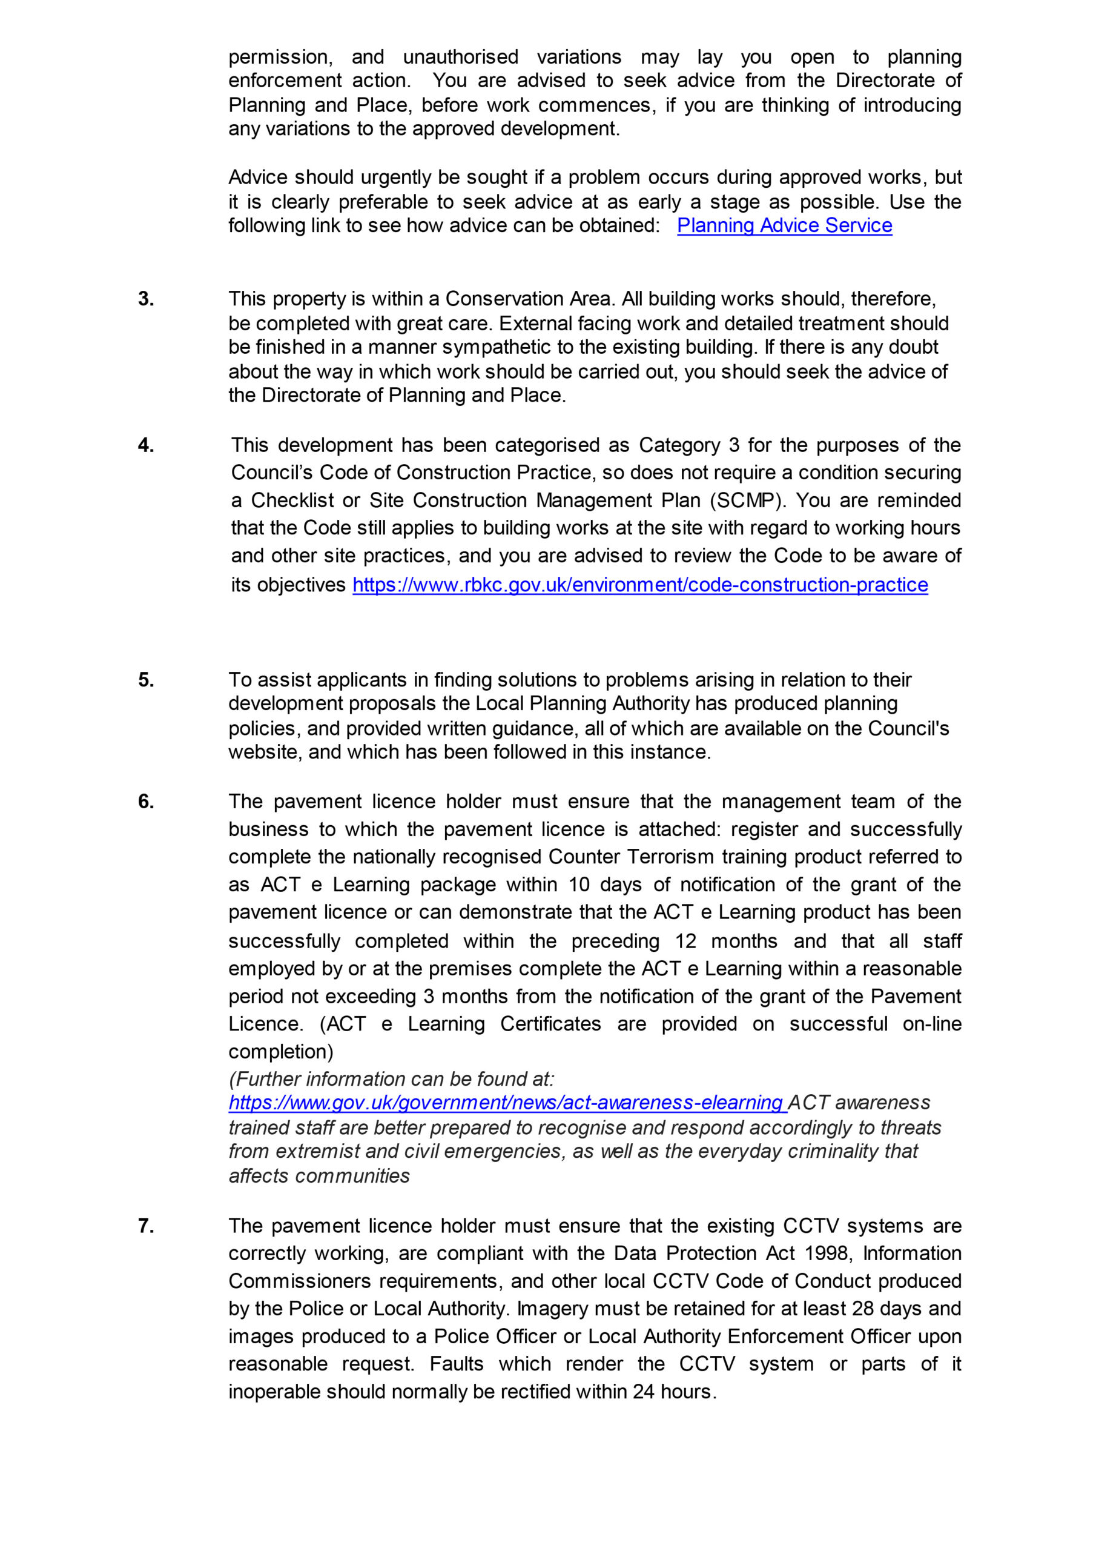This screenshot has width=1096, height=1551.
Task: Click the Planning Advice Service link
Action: (x=784, y=225)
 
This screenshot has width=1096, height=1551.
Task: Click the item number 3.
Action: (x=146, y=299)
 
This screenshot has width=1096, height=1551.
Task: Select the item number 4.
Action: (x=146, y=445)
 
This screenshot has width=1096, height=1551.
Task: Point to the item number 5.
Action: (x=146, y=680)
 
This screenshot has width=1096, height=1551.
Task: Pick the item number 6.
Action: (x=146, y=801)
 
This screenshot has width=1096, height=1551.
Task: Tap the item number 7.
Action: (x=146, y=1226)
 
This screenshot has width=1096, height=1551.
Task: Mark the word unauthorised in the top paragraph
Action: (x=461, y=57)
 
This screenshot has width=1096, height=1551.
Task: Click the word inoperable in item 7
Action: (x=274, y=1392)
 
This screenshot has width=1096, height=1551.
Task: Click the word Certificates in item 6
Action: (x=550, y=1023)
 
